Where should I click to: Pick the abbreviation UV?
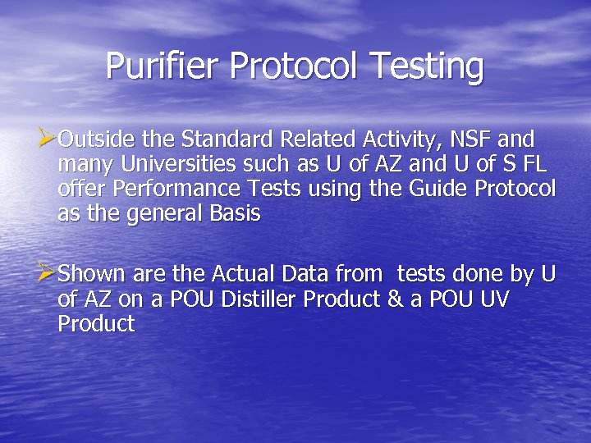(x=491, y=299)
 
